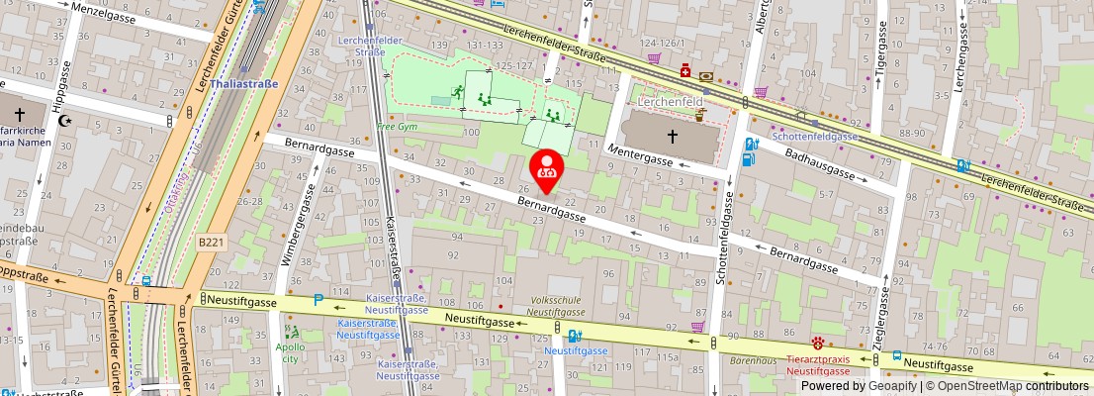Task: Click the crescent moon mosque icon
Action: [66, 121]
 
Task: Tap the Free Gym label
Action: [398, 128]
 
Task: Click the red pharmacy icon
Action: [684, 71]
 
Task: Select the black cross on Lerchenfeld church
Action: [672, 136]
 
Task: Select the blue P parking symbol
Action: [318, 300]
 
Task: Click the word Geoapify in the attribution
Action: [897, 386]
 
